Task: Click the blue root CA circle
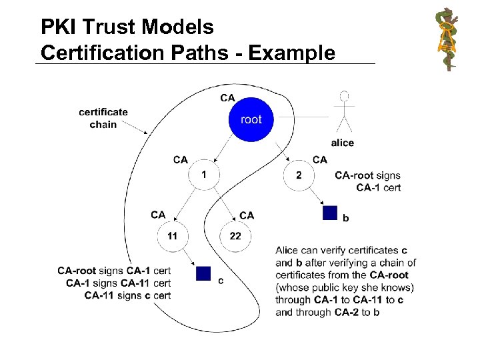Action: pos(251,120)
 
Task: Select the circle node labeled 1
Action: pos(204,175)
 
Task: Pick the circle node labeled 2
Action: pos(298,175)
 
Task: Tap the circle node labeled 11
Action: pos(173,235)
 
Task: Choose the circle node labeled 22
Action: pos(235,235)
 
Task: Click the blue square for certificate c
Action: pos(203,273)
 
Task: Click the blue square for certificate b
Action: pos(330,213)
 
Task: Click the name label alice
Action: pos(343,143)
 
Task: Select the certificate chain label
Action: pos(103,118)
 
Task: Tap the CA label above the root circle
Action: pos(227,97)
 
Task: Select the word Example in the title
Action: pos(299,51)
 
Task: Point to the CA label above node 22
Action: pos(247,215)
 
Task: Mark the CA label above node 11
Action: pos(158,215)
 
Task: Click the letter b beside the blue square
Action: pos(345,218)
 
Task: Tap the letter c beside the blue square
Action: pos(221,281)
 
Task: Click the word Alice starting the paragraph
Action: pos(288,251)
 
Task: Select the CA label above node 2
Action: pos(320,160)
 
